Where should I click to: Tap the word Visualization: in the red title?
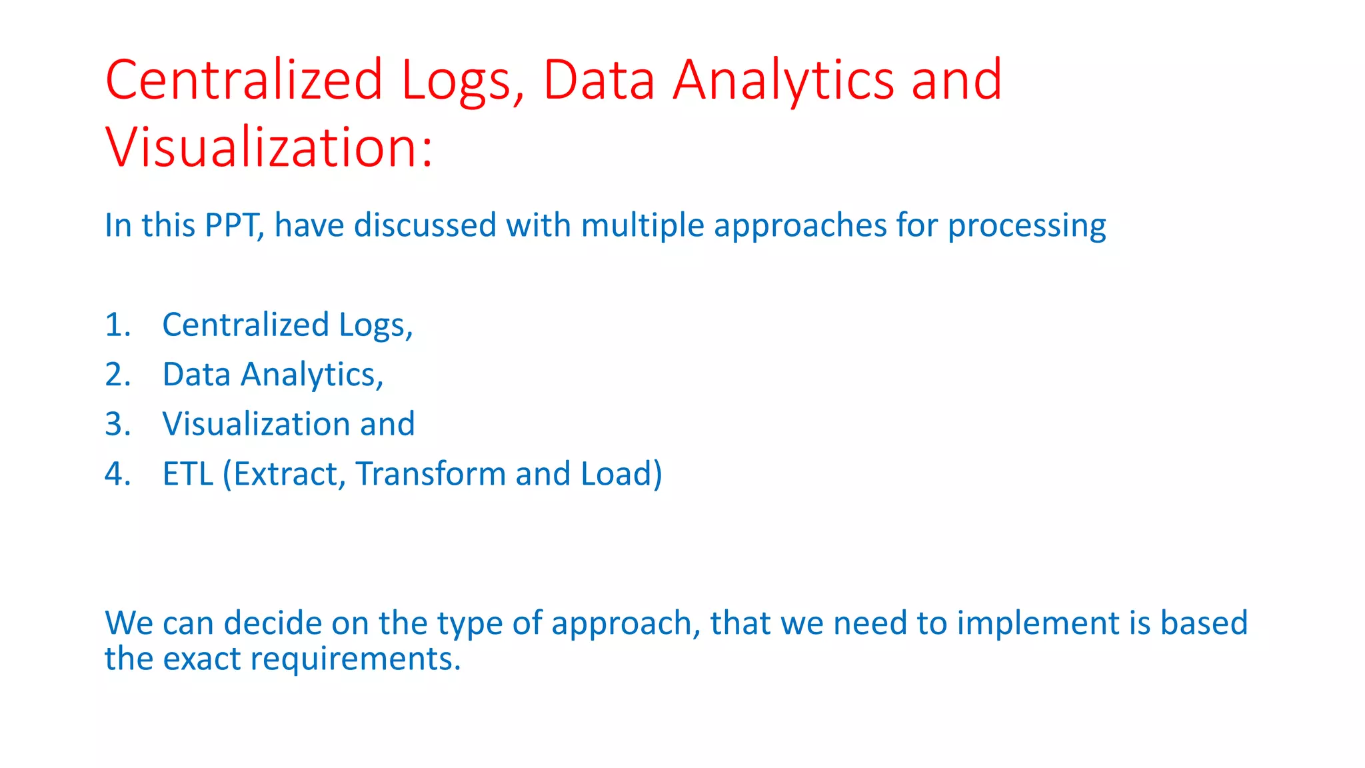[269, 148]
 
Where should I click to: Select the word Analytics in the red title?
[783, 81]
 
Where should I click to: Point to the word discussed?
[425, 225]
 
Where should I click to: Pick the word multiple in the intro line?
[643, 225]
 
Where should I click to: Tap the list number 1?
[117, 325]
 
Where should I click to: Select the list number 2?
[117, 375]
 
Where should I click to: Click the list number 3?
[117, 425]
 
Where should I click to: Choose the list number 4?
[117, 474]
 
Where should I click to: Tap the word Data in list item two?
[197, 375]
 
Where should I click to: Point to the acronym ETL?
[188, 474]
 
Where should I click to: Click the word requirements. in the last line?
[356, 660]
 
